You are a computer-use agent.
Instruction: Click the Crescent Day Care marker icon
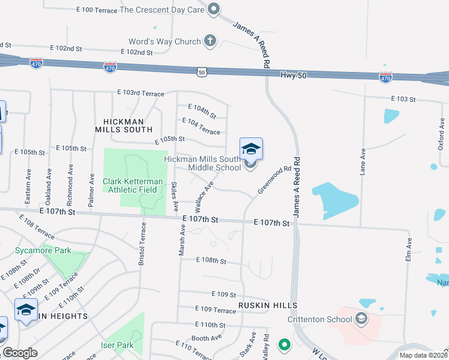point(213,9)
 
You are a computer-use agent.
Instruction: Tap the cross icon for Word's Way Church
point(209,41)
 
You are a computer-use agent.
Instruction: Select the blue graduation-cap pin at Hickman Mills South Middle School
point(251,149)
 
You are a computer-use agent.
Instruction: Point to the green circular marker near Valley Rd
point(284,345)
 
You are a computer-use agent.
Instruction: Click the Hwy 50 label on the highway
point(294,74)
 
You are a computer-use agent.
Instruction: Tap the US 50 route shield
point(202,71)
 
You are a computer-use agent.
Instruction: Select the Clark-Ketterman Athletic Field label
point(130,185)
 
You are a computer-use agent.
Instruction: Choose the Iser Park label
point(117,345)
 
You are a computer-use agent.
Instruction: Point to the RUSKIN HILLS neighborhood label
point(267,305)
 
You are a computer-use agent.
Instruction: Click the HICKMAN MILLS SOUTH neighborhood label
point(124,129)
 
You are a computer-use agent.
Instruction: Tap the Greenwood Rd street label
point(274,179)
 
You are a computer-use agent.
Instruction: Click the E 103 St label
point(403,98)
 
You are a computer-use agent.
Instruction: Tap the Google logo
point(20,353)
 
